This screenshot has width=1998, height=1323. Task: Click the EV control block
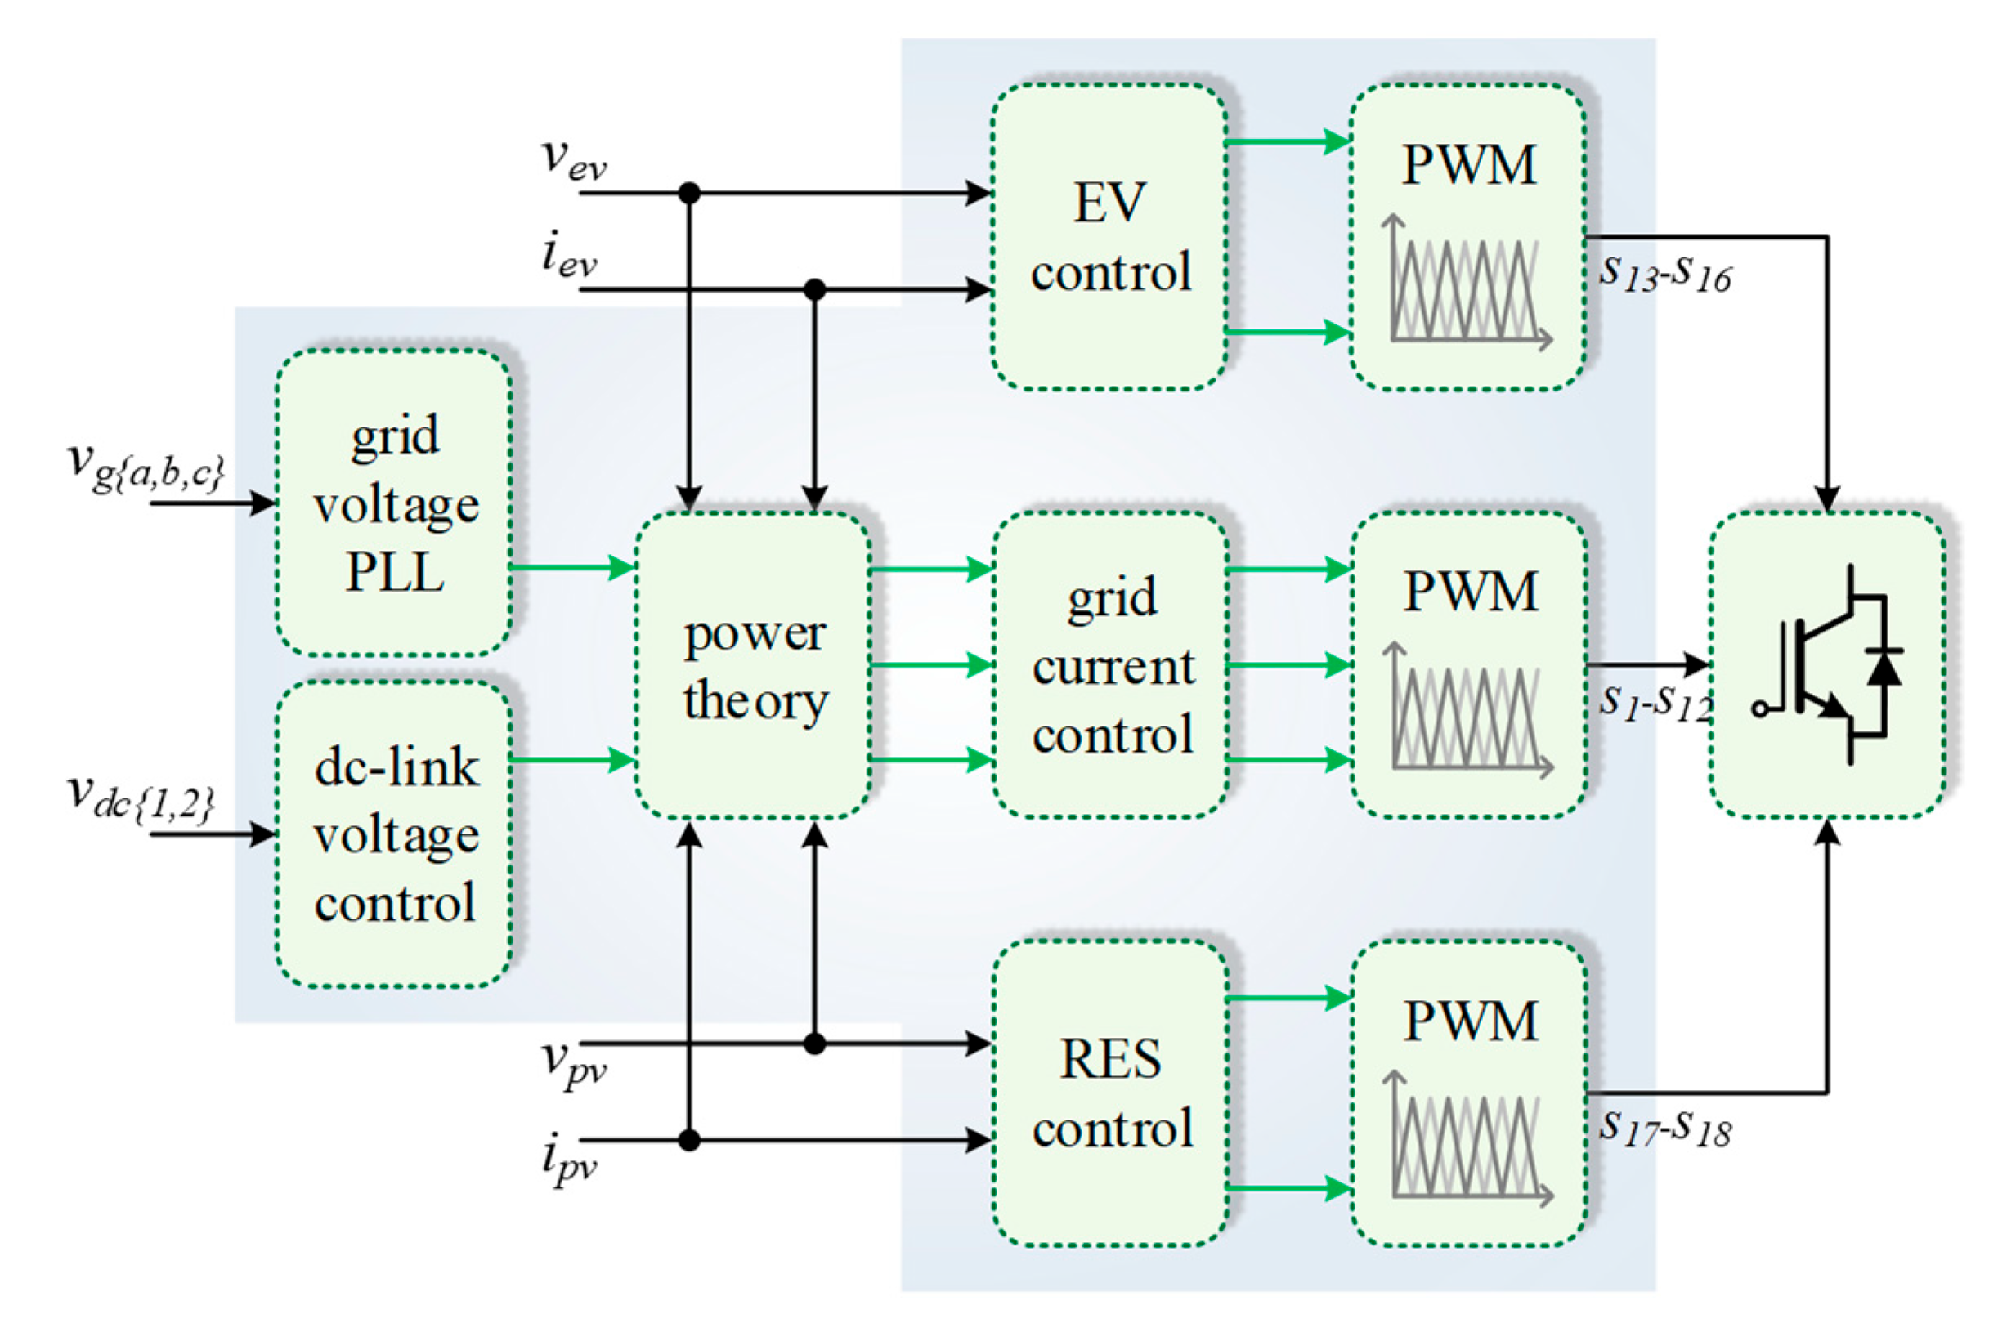point(1109,236)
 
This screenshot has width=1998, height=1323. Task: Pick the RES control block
point(1110,1093)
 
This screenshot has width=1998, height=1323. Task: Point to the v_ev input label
point(572,159)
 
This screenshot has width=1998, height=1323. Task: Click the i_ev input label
point(568,257)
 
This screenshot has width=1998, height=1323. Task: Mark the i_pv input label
point(568,1161)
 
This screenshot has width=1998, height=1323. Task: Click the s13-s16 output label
point(1664,274)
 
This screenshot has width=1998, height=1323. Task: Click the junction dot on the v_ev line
point(690,193)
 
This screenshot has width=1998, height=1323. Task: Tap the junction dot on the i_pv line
point(690,1141)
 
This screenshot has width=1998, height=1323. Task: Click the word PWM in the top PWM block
point(1469,164)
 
